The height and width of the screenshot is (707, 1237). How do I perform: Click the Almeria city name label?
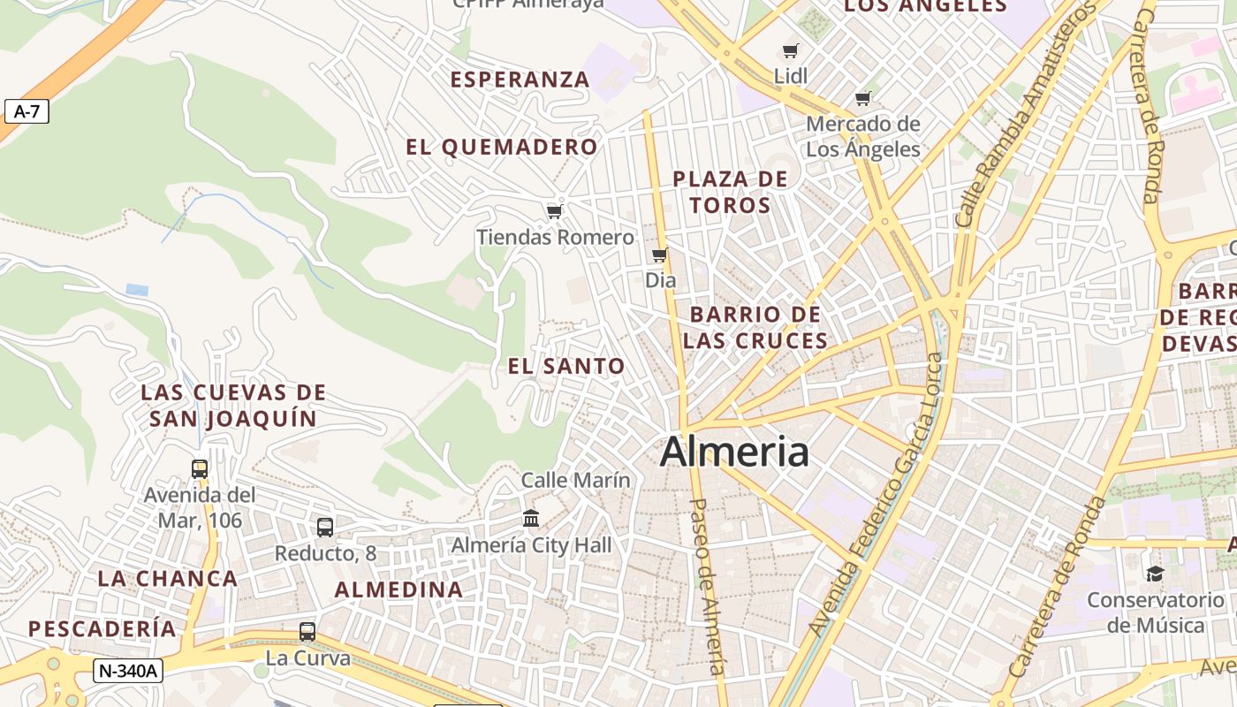734,452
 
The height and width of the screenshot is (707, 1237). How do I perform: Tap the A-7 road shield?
27,111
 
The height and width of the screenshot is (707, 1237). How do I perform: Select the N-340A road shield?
127,671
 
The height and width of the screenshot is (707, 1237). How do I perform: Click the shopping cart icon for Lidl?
790,51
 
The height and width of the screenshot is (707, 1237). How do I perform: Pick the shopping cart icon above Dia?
659,255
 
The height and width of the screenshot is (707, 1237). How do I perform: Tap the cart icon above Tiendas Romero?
554,211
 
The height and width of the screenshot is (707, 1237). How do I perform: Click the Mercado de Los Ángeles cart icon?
862,98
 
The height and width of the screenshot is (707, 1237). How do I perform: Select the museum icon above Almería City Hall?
530,518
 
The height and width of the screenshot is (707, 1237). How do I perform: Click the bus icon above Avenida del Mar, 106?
200,469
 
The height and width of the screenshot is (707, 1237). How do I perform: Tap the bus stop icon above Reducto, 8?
325,528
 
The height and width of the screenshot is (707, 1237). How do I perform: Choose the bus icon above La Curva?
307,632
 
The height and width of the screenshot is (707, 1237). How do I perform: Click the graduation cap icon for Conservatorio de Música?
1155,574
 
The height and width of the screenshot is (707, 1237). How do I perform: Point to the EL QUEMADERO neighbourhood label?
502,148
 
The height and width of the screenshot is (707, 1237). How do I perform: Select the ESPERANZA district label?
520,80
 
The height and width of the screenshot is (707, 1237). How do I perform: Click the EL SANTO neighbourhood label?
566,366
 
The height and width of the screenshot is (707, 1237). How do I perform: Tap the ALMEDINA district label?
398,589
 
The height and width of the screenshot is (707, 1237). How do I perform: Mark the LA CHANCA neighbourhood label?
167,579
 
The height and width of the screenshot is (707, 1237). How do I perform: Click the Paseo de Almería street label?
707,587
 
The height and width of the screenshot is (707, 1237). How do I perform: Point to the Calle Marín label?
576,480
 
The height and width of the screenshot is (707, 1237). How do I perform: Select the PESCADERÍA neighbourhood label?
102,629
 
